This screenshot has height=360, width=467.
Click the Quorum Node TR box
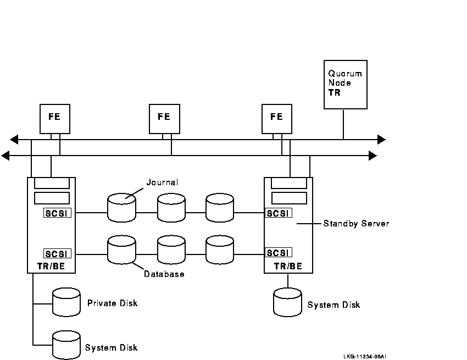point(345,85)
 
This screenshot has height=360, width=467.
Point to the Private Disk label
point(112,303)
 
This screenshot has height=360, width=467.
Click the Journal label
point(162,182)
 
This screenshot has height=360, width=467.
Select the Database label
point(164,274)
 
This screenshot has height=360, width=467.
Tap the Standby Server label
point(356,224)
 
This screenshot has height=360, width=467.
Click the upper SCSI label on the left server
point(57,213)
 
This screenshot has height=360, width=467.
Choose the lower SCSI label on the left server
point(57,253)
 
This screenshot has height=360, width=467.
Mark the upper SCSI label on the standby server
point(279,213)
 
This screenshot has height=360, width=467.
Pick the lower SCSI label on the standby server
point(279,253)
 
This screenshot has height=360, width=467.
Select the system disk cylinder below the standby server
point(287,303)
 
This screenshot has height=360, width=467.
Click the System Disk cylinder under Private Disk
point(66,345)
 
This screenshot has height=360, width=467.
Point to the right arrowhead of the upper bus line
point(381,140)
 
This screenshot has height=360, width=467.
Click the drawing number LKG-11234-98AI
point(364,356)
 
